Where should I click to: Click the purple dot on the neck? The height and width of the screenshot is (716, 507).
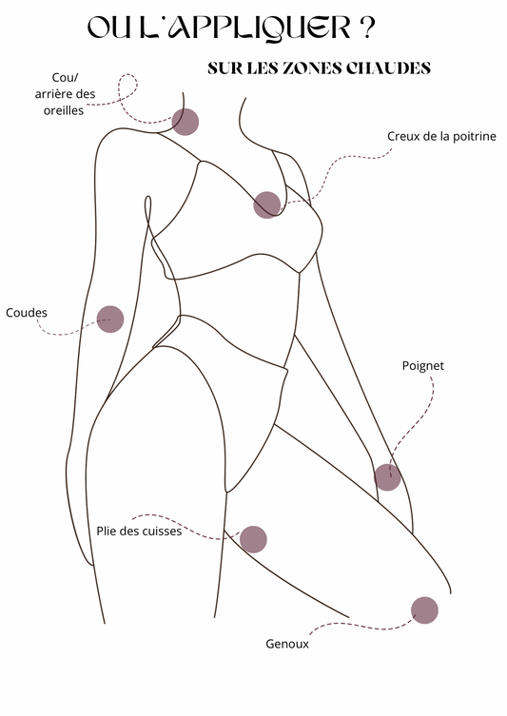[185, 122]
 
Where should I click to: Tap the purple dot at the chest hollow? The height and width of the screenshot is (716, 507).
[266, 205]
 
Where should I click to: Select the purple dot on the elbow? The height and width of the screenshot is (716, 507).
[110, 319]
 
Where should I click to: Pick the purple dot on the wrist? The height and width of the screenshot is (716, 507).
[387, 477]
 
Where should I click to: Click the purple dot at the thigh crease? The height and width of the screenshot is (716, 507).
[253, 539]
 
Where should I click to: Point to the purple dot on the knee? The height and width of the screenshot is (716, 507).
[424, 610]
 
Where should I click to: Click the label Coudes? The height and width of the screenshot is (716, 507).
[27, 313]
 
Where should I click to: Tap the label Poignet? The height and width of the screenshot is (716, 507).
[423, 366]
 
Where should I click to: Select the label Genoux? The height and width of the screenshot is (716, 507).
[287, 645]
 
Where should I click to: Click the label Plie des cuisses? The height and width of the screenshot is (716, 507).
[139, 532]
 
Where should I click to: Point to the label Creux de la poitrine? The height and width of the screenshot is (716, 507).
[441, 137]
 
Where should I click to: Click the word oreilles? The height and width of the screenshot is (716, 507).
[64, 110]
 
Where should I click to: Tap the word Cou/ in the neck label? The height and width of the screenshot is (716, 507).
[66, 78]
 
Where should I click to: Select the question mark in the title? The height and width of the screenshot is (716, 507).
[367, 28]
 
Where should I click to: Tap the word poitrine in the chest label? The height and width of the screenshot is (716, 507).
[476, 137]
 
